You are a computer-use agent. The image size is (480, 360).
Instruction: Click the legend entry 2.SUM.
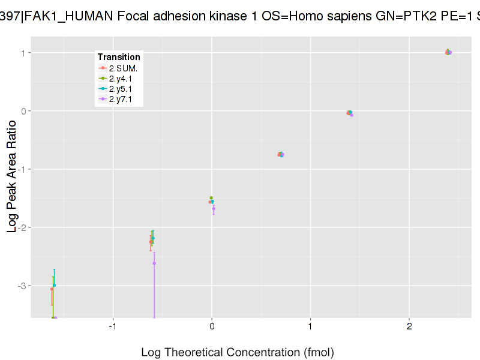123,68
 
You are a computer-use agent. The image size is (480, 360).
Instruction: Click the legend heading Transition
119,57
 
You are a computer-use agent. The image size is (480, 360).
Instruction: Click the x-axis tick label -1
112,326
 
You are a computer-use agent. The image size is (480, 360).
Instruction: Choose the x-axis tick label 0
212,326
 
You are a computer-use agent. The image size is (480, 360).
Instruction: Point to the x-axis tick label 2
409,326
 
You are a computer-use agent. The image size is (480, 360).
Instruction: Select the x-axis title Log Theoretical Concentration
237,352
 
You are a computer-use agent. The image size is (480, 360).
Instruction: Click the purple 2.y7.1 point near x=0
214,208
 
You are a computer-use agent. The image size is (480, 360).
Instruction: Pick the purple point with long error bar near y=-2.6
154,263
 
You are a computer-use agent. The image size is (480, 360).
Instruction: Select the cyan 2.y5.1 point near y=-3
54,285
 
